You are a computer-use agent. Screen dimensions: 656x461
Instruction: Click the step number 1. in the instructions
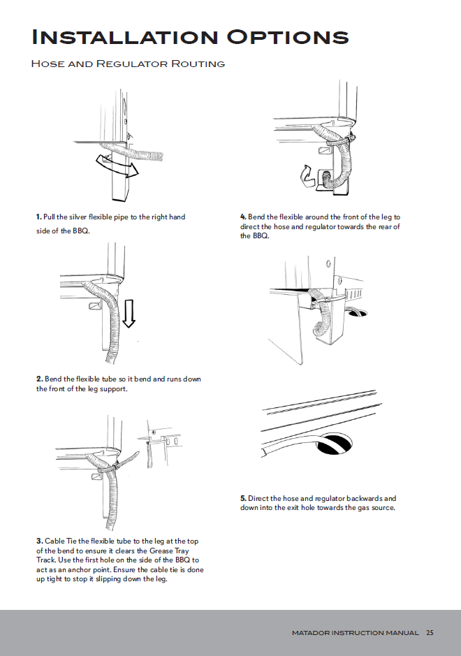pyautogui.click(x=39, y=217)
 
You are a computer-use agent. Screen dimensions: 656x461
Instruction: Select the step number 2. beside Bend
pyautogui.click(x=39, y=379)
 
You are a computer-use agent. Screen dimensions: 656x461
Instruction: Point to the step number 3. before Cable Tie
pyautogui.click(x=39, y=541)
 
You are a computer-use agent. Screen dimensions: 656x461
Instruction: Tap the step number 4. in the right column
pyautogui.click(x=243, y=217)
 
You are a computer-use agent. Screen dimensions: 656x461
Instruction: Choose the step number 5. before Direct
pyautogui.click(x=243, y=499)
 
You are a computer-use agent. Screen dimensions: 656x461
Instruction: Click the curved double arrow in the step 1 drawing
pyautogui.click(x=115, y=166)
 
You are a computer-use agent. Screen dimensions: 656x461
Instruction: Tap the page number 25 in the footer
pyautogui.click(x=430, y=633)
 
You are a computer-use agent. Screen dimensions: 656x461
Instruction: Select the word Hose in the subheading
pyautogui.click(x=45, y=64)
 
